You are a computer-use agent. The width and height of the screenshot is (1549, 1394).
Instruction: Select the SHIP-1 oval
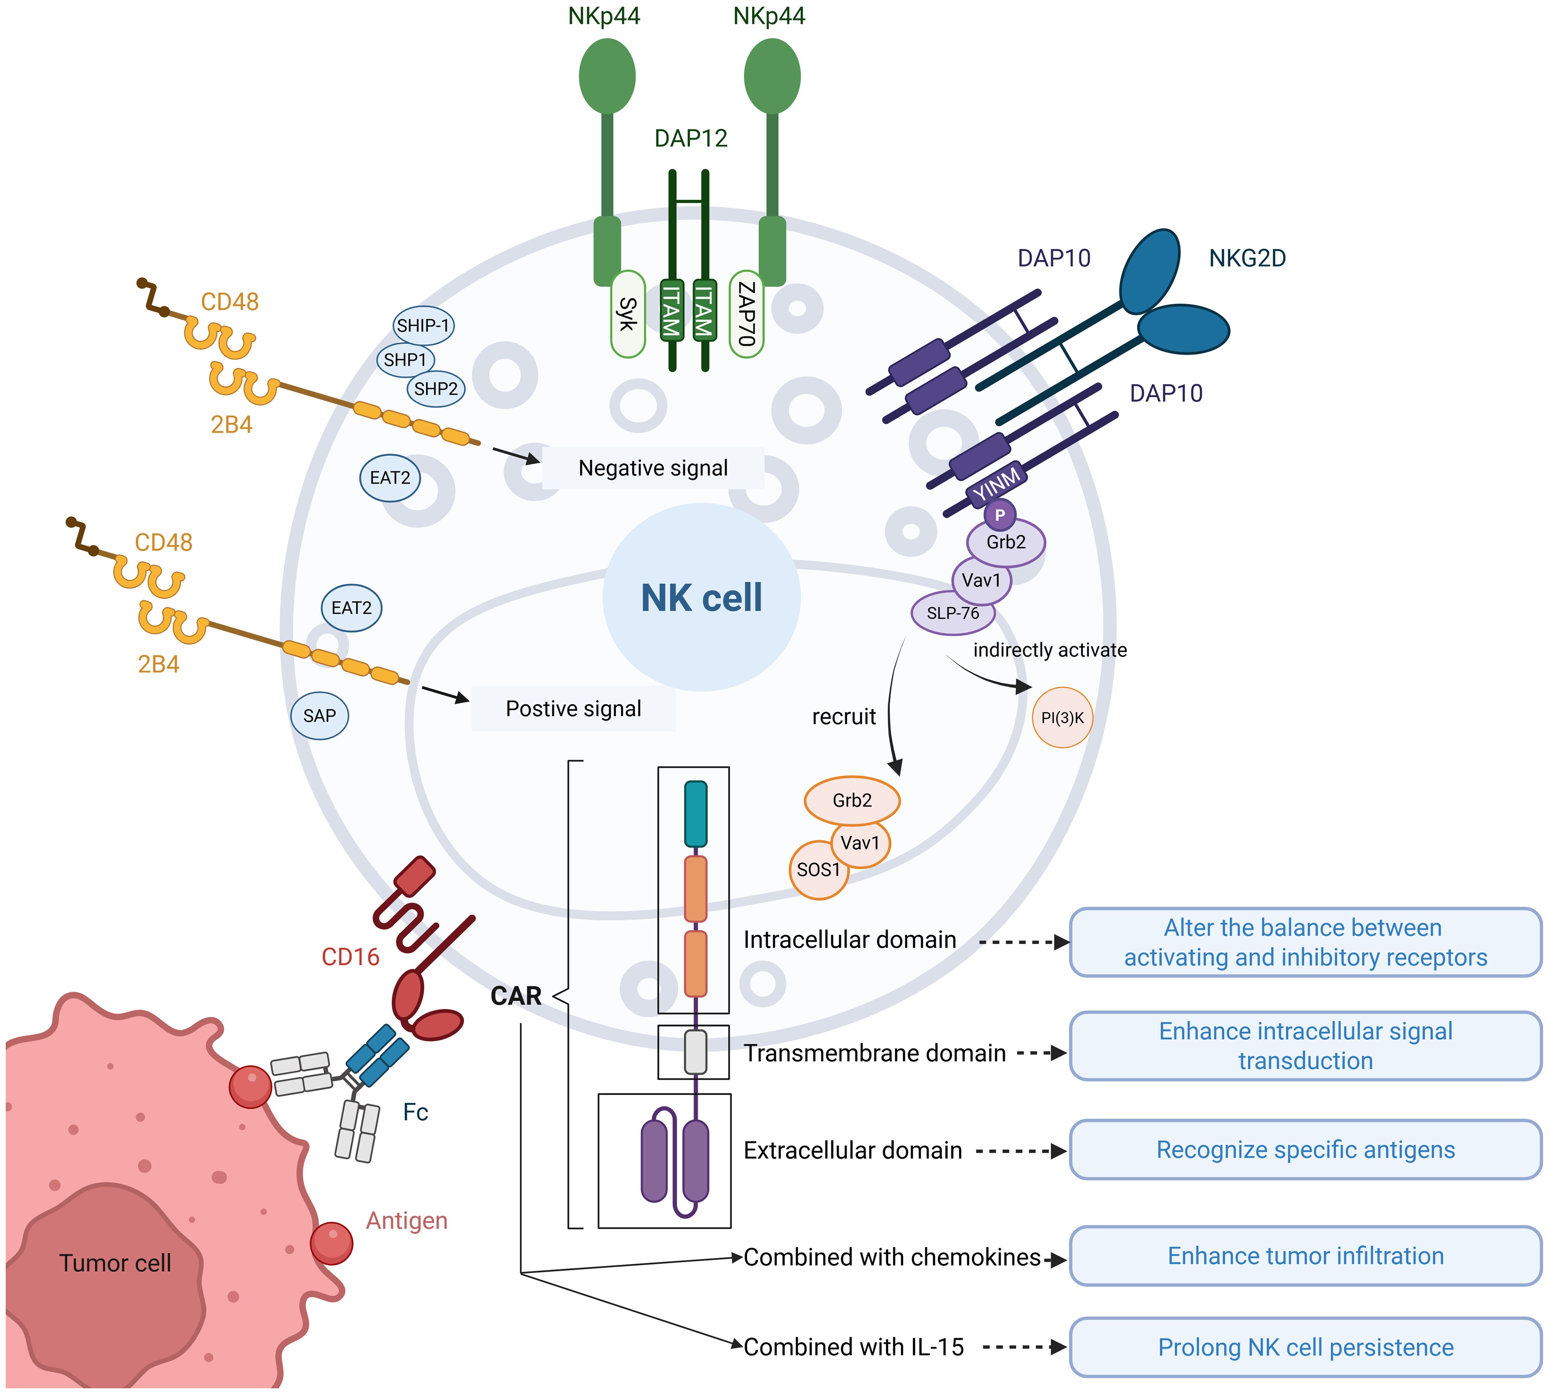pyautogui.click(x=423, y=326)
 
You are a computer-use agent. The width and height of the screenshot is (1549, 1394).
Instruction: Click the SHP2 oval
pyautogui.click(x=436, y=389)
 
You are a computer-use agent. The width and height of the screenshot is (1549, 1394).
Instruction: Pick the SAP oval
pyautogui.click(x=319, y=716)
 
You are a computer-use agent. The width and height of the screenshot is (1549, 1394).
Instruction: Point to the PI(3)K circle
pyautogui.click(x=1063, y=718)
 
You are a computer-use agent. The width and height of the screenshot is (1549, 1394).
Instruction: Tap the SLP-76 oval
pyautogui.click(x=953, y=613)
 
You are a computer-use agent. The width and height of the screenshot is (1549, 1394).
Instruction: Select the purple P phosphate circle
pyautogui.click(x=1000, y=515)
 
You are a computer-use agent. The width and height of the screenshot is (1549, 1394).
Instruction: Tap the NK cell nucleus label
pyautogui.click(x=702, y=597)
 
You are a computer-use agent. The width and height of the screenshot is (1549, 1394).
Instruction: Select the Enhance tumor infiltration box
pyautogui.click(x=1305, y=1256)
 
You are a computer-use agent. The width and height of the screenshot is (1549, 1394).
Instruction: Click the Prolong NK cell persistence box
pyautogui.click(x=1305, y=1347)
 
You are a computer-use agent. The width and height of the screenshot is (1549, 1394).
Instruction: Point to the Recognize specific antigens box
pyautogui.click(x=1305, y=1150)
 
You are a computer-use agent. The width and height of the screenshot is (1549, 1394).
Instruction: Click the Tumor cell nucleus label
pyautogui.click(x=115, y=1263)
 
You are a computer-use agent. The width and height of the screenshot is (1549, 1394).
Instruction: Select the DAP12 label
pyautogui.click(x=691, y=139)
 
